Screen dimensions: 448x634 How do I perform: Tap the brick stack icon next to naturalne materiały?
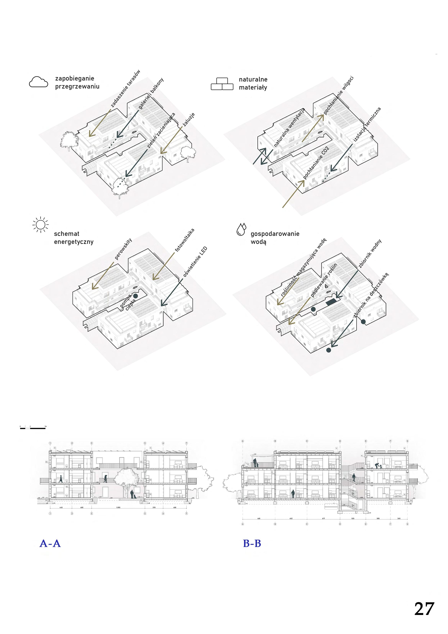point(222,84)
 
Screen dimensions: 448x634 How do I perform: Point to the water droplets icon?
point(241,229)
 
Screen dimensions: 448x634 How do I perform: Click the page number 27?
point(424,609)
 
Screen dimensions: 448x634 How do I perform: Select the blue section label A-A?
point(50,544)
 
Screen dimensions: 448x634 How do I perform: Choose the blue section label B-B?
point(252,544)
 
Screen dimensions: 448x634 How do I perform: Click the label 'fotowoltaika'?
point(185,240)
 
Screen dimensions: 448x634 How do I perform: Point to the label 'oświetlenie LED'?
point(195,261)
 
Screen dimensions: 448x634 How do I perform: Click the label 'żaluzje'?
point(189,120)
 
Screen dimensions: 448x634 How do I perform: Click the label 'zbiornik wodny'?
point(370,253)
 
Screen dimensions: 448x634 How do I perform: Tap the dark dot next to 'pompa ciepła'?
point(135,296)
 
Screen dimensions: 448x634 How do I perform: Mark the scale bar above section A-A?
point(33,428)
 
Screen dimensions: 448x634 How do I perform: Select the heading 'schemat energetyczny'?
point(74,238)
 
